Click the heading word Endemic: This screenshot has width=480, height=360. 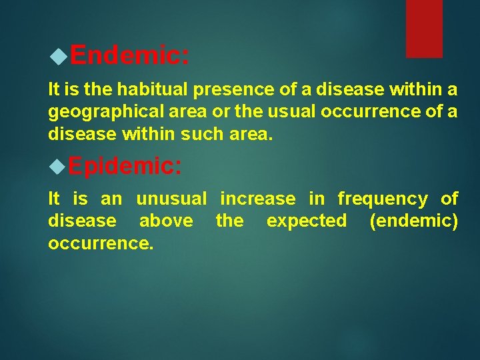(x=129, y=55)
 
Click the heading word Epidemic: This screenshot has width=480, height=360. (x=124, y=166)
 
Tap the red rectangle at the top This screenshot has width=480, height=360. (x=424, y=28)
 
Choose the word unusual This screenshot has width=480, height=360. (x=172, y=199)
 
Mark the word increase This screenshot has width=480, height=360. (x=257, y=199)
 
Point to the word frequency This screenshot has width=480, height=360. (x=383, y=199)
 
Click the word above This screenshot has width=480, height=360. (x=166, y=221)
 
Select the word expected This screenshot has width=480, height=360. (x=307, y=221)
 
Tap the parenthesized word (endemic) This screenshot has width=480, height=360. (x=413, y=221)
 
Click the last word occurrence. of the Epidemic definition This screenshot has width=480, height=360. (x=101, y=243)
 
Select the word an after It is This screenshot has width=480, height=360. (x=111, y=199)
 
